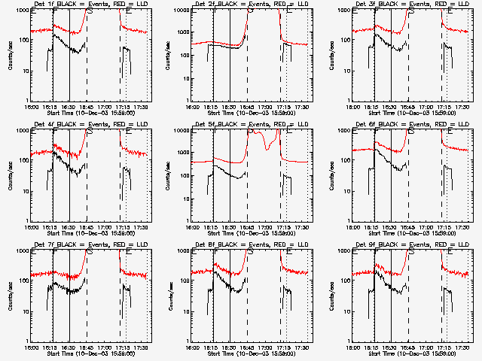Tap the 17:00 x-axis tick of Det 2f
[266, 106]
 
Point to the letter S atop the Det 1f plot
[90, 11]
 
